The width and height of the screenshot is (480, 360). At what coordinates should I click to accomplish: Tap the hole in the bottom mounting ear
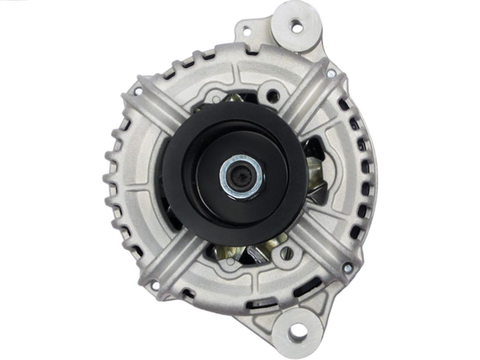tap(297, 330)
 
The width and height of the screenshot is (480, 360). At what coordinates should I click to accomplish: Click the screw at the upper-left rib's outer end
tap(138, 91)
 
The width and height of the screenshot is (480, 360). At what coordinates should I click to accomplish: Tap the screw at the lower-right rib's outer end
tap(348, 268)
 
